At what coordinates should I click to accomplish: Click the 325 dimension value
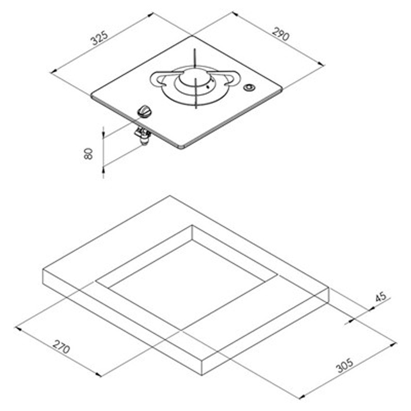point(99,39)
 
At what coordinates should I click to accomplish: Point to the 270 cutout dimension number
point(60,347)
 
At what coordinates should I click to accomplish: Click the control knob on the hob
point(144,110)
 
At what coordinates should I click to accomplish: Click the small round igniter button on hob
point(248,88)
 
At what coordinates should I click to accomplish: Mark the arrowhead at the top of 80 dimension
point(103,128)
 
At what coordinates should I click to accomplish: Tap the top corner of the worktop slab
point(170,196)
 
